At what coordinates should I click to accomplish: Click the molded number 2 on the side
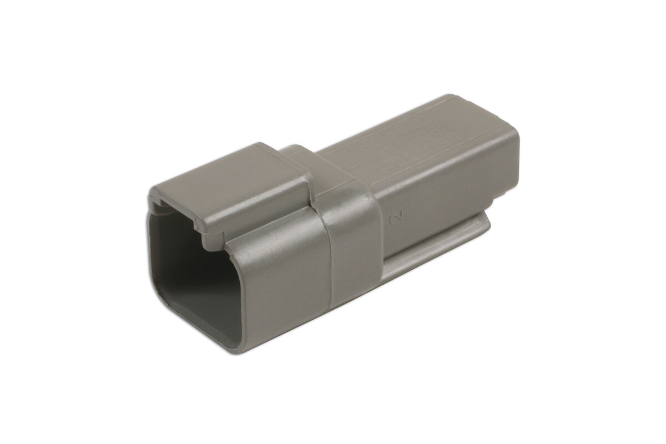(396, 218)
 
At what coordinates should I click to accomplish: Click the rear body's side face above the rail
(444, 189)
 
